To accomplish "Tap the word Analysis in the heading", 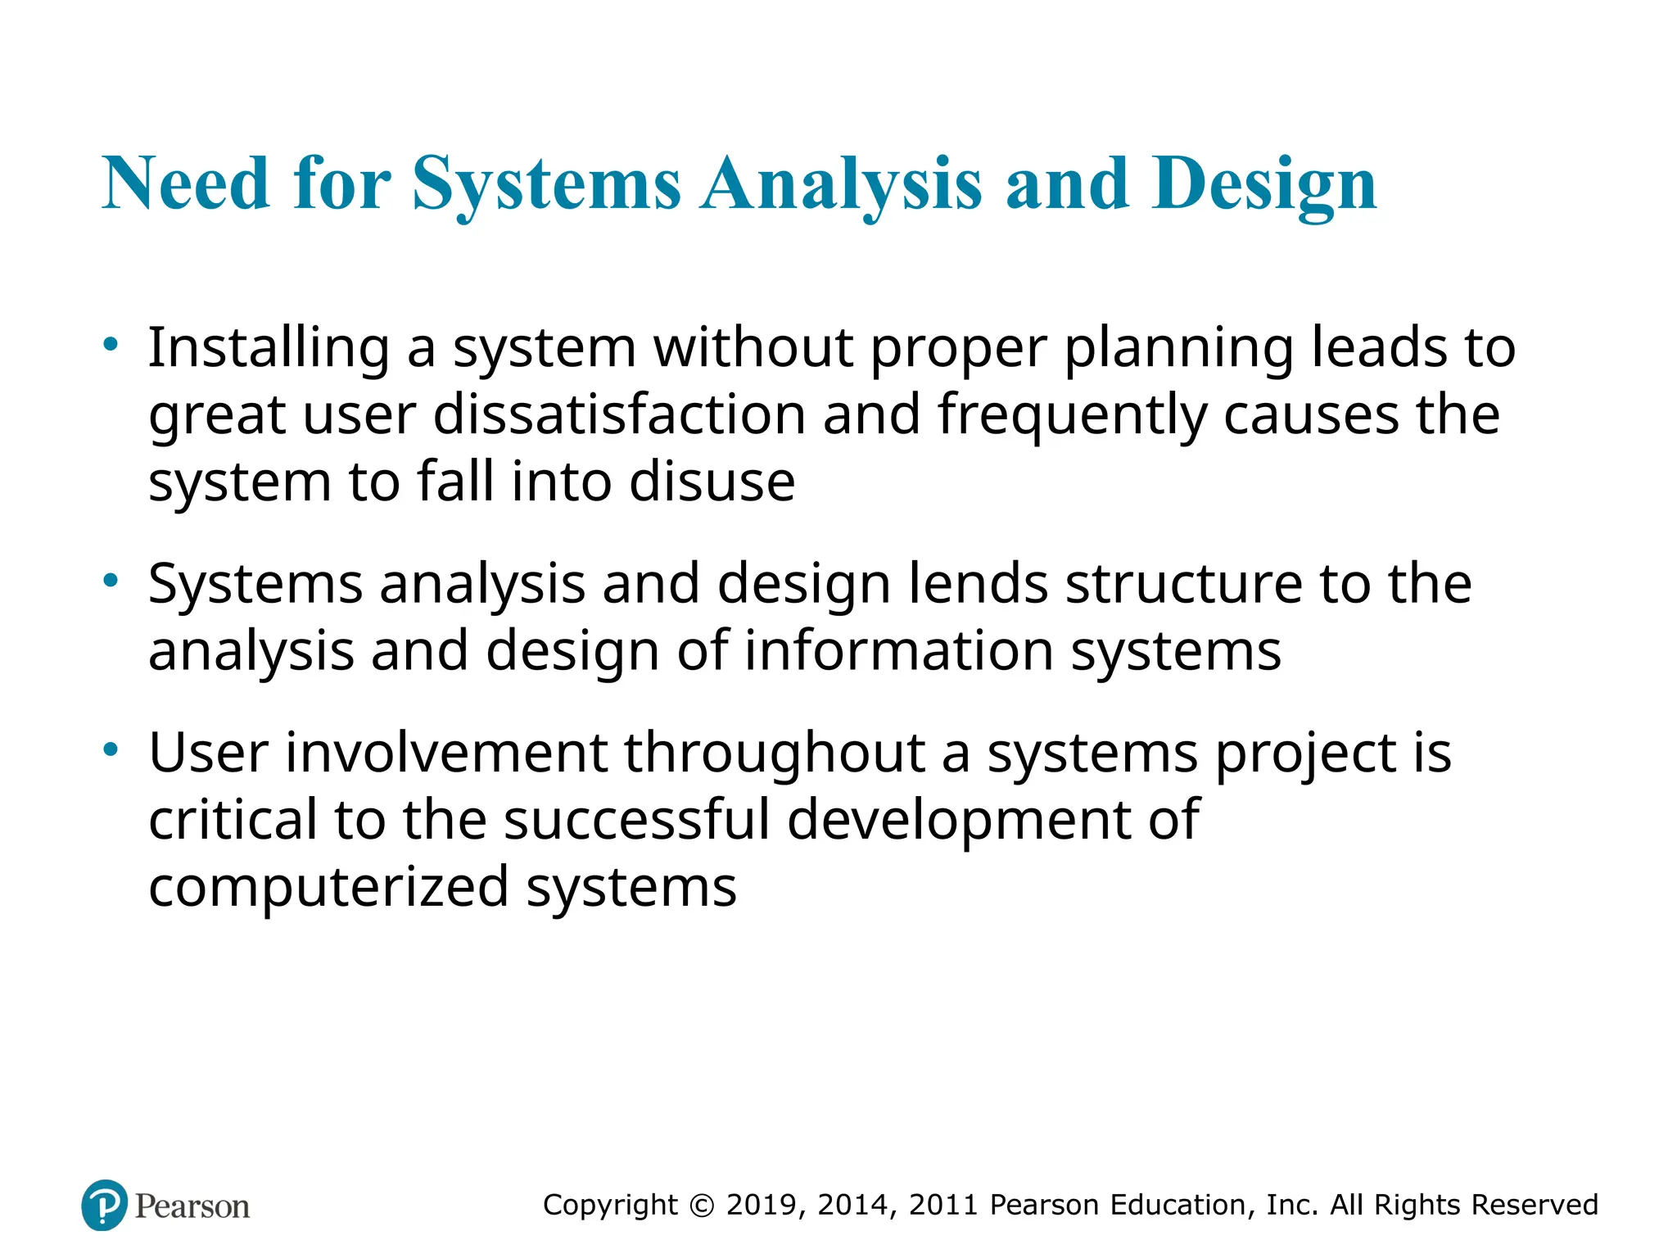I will [842, 184].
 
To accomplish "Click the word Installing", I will [269, 348].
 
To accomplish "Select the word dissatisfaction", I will [619, 414].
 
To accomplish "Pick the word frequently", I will [1072, 415].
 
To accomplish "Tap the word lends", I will [978, 584].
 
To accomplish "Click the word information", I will [898, 651].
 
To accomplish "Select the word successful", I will [637, 820].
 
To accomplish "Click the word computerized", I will [328, 887].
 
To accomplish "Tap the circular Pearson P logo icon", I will [105, 1205].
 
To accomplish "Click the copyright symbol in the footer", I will [702, 1205].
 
